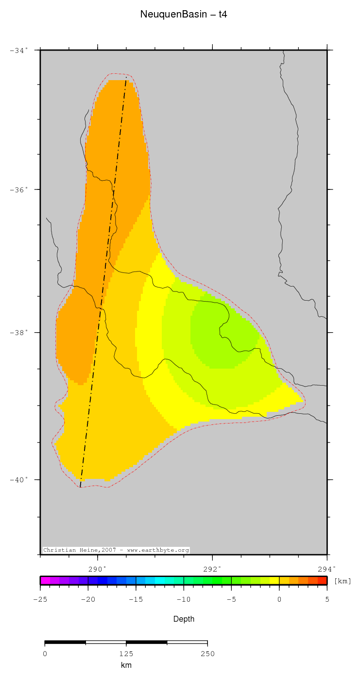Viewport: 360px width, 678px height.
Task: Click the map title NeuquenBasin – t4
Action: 184,15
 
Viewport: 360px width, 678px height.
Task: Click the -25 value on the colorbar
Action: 40,599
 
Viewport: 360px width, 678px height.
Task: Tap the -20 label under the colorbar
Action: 87,599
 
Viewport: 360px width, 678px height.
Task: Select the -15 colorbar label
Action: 135,599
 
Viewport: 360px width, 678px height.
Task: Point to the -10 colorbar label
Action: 183,599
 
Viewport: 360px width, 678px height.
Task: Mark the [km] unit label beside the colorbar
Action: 343,581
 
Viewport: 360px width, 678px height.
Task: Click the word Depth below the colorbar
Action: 184,619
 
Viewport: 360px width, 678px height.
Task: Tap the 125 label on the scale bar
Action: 126,654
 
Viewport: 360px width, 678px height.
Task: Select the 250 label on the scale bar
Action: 207,654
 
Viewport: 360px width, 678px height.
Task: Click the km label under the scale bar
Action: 126,665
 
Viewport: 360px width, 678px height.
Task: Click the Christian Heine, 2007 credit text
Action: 116,550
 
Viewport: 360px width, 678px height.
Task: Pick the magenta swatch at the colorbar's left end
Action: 45,580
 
